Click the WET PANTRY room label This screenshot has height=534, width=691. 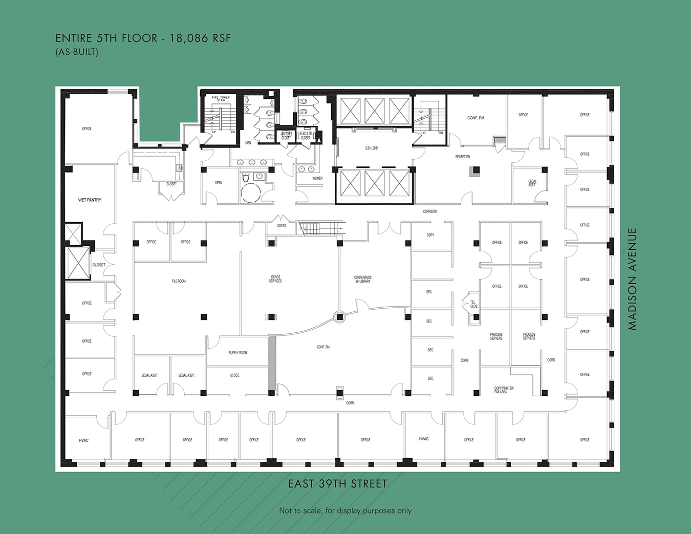point(90,200)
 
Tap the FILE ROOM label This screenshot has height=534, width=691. point(179,281)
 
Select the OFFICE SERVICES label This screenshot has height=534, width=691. point(275,279)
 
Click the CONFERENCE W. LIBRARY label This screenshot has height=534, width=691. point(363,279)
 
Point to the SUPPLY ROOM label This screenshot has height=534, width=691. point(237,353)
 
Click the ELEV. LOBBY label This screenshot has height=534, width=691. point(372,148)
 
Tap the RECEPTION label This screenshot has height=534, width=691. point(462,157)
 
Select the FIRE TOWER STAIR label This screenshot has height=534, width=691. point(221,98)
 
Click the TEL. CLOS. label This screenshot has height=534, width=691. point(473,304)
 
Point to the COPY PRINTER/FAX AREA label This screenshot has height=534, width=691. point(504,390)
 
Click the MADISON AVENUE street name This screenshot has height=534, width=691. point(633,279)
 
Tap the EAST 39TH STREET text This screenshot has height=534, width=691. point(337,484)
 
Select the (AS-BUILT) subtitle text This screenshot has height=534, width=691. point(77,52)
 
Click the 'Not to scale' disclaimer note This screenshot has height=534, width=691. point(345,510)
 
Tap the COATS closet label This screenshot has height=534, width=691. point(282,226)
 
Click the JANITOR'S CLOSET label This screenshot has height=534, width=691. point(286,136)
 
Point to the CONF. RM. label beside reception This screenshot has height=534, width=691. point(476,118)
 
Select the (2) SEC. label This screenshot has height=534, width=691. point(235,375)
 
